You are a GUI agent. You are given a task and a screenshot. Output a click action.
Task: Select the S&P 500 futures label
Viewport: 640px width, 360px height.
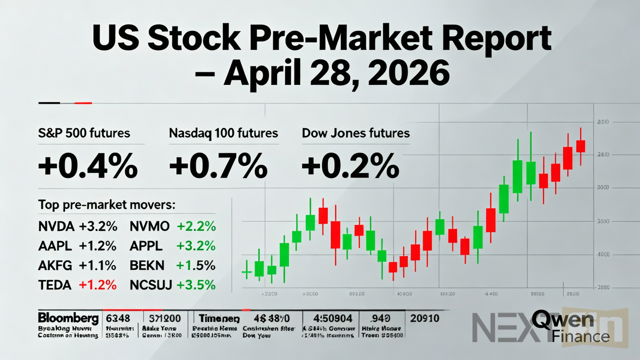coord(84,133)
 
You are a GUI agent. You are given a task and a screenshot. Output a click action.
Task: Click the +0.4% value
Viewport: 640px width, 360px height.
coord(88,166)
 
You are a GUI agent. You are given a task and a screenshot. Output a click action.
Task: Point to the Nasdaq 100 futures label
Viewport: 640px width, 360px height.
coord(223,133)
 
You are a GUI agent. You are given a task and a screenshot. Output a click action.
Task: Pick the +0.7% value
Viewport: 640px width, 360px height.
coord(218,166)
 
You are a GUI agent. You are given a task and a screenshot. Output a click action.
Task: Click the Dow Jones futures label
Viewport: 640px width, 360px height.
coord(355,133)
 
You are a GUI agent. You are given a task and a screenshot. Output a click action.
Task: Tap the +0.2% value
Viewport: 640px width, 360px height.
coord(350,166)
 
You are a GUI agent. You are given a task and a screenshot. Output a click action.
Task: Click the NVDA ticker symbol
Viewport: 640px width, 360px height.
coord(56,226)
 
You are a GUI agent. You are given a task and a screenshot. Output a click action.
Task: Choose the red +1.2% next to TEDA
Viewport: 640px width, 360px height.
coord(97,285)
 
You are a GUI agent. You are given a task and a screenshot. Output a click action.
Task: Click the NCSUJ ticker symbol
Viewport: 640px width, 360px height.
coord(150,285)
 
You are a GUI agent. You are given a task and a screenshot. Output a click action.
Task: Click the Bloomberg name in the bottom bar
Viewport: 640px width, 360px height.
coord(68,318)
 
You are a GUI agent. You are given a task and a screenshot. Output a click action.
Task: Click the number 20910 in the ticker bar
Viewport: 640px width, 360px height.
coord(424,318)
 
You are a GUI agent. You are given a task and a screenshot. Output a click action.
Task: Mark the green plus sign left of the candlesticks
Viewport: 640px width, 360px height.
coord(245,272)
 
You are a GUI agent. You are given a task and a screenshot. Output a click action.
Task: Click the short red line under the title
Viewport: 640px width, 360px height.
coord(82,103)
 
